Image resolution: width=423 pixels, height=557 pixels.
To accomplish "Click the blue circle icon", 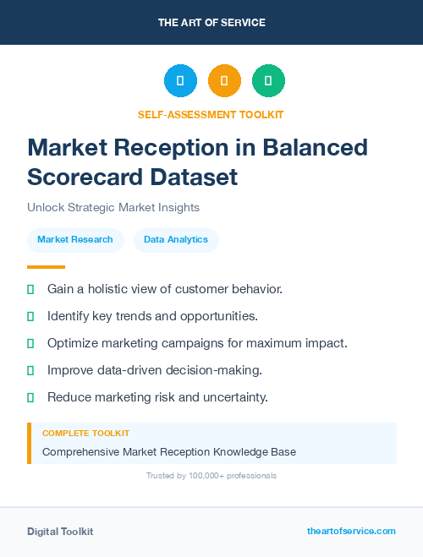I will pyautogui.click(x=180, y=81).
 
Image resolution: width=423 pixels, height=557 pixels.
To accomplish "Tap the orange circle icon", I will pyautogui.click(x=224, y=81).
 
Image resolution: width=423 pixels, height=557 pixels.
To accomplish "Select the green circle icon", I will pyautogui.click(x=268, y=81).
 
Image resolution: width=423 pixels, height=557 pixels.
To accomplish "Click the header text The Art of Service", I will pyautogui.click(x=211, y=23).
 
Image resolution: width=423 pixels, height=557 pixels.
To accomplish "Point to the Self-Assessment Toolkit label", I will pyautogui.click(x=211, y=114).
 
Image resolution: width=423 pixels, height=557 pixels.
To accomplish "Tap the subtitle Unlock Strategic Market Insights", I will pyautogui.click(x=113, y=207).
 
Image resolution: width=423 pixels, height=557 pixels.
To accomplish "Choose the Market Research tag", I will pyautogui.click(x=75, y=240).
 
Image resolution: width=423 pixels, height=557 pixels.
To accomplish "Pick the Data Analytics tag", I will pyautogui.click(x=176, y=240).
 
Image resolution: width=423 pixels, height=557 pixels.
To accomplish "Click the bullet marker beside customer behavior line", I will pyautogui.click(x=30, y=289).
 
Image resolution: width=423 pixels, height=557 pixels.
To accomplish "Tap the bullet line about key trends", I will pyautogui.click(x=152, y=316).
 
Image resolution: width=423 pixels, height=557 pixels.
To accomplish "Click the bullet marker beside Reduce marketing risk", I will pyautogui.click(x=30, y=397).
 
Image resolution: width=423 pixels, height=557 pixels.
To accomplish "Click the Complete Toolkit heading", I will pyautogui.click(x=85, y=434).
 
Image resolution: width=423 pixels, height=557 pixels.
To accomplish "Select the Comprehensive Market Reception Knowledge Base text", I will pyautogui.click(x=169, y=452).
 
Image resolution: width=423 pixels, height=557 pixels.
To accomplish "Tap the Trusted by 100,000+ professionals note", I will pyautogui.click(x=211, y=476).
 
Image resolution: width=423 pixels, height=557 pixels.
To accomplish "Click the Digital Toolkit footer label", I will pyautogui.click(x=60, y=532).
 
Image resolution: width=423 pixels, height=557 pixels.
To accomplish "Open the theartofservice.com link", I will pyautogui.click(x=351, y=531).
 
